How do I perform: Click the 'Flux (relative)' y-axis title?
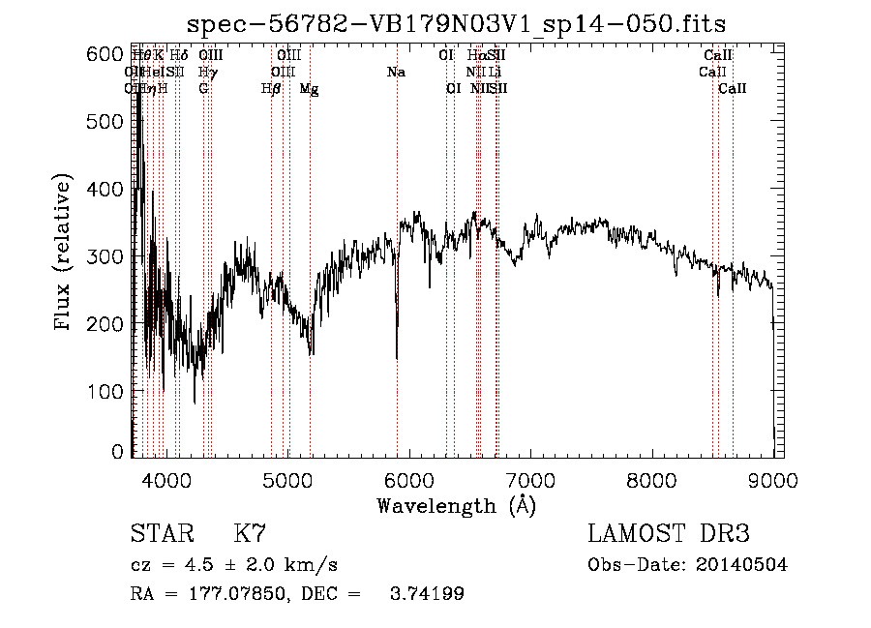tap(65, 253)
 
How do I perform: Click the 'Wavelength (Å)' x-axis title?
tap(456, 505)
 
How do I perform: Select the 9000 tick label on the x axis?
tap(772, 479)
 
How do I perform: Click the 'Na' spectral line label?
tap(396, 73)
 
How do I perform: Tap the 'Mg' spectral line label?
tap(309, 89)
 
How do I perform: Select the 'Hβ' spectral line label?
tap(271, 89)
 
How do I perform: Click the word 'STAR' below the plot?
tap(161, 534)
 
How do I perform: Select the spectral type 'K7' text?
tap(250, 534)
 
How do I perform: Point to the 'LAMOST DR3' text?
tap(668, 534)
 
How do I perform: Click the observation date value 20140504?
tap(740, 565)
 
